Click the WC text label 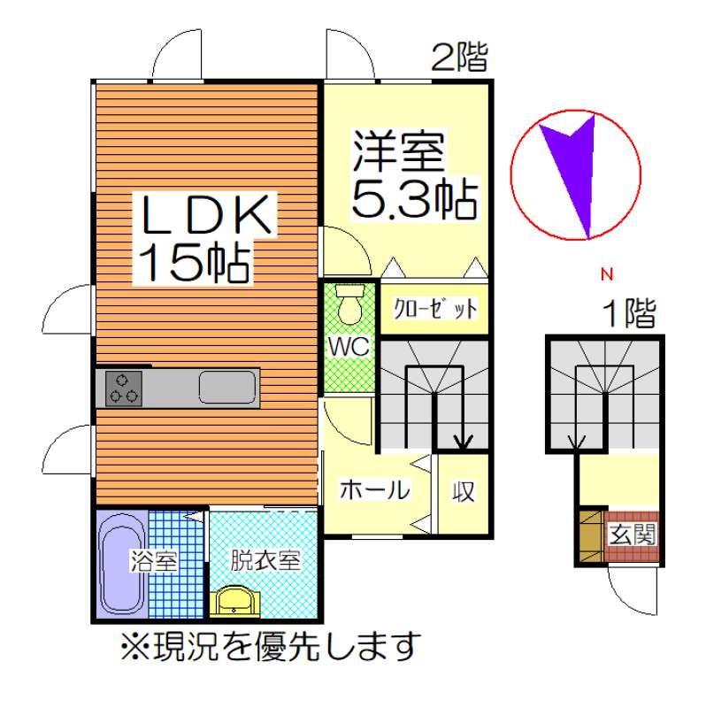point(349,347)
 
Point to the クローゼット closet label point(435,309)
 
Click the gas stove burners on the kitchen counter point(124,389)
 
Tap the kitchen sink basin point(228,387)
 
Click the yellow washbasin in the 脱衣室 point(234,601)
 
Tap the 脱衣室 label point(265,561)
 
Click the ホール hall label point(374,489)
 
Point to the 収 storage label point(464,491)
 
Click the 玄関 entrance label point(632,535)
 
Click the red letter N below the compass point(607,274)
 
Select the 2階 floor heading point(459,58)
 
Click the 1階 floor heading point(630,313)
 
